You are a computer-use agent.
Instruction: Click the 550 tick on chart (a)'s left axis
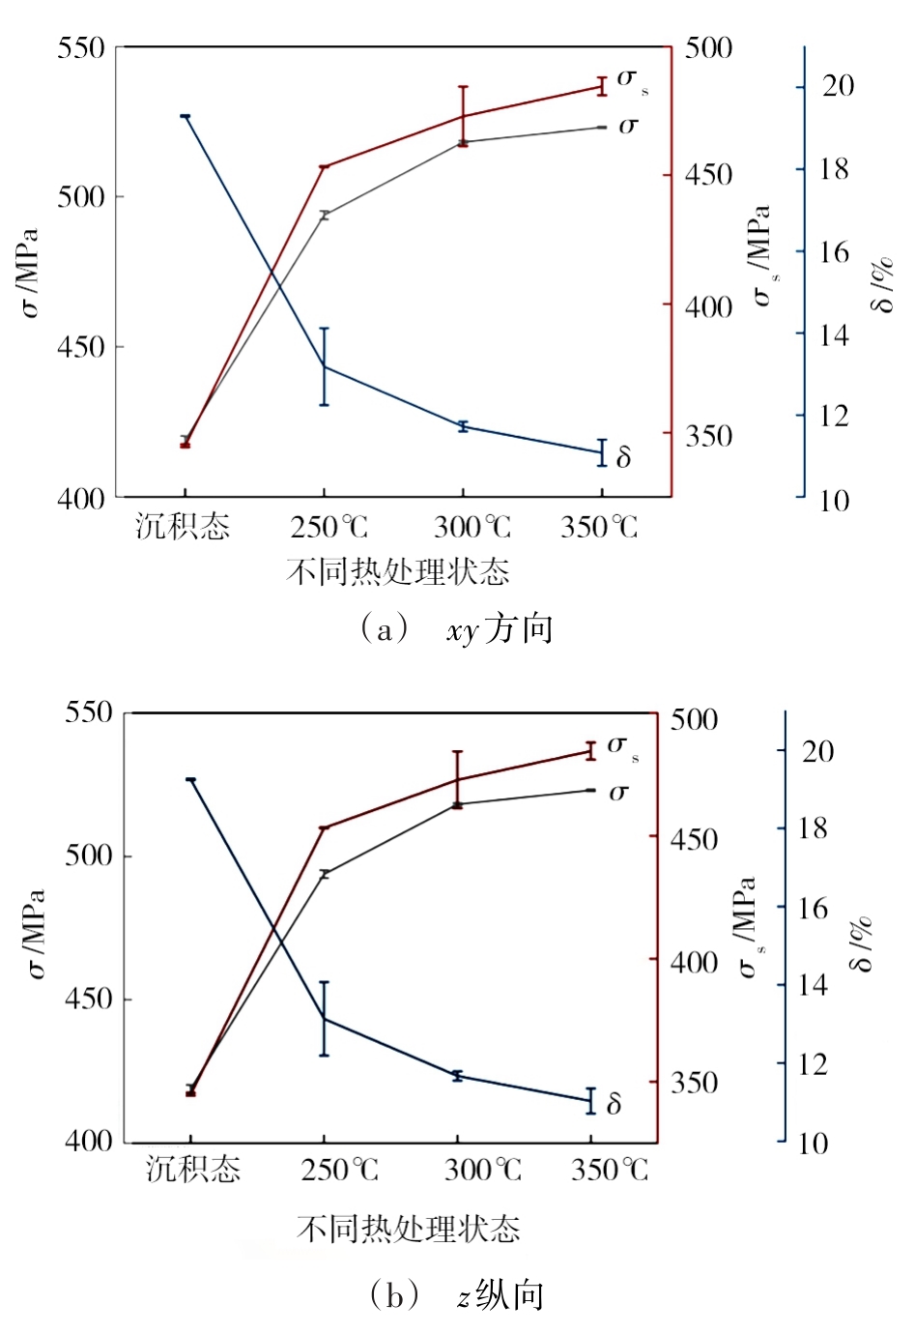[81, 47]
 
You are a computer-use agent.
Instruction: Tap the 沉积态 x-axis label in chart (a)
[183, 526]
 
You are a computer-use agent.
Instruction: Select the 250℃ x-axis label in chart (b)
[339, 1170]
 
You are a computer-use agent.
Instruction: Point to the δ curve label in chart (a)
[623, 457]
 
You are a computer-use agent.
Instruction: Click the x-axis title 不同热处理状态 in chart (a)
[397, 571]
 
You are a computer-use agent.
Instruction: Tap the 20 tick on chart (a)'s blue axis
[838, 86]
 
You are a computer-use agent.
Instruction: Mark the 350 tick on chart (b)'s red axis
[694, 1082]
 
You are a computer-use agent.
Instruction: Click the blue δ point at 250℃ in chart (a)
[325, 367]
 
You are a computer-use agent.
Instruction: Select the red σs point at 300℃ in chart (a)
[463, 117]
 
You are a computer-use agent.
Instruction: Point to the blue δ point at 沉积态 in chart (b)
[190, 779]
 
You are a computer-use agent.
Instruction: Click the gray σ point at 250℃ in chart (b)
[325, 874]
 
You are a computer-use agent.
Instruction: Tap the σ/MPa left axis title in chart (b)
[35, 933]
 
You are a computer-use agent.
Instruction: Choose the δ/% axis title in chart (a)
[882, 285]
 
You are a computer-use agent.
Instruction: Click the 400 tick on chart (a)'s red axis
[709, 306]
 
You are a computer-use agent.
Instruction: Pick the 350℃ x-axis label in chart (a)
[599, 526]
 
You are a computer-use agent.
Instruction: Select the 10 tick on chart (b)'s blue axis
[814, 1144]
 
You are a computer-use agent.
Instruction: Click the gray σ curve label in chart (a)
[628, 126]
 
